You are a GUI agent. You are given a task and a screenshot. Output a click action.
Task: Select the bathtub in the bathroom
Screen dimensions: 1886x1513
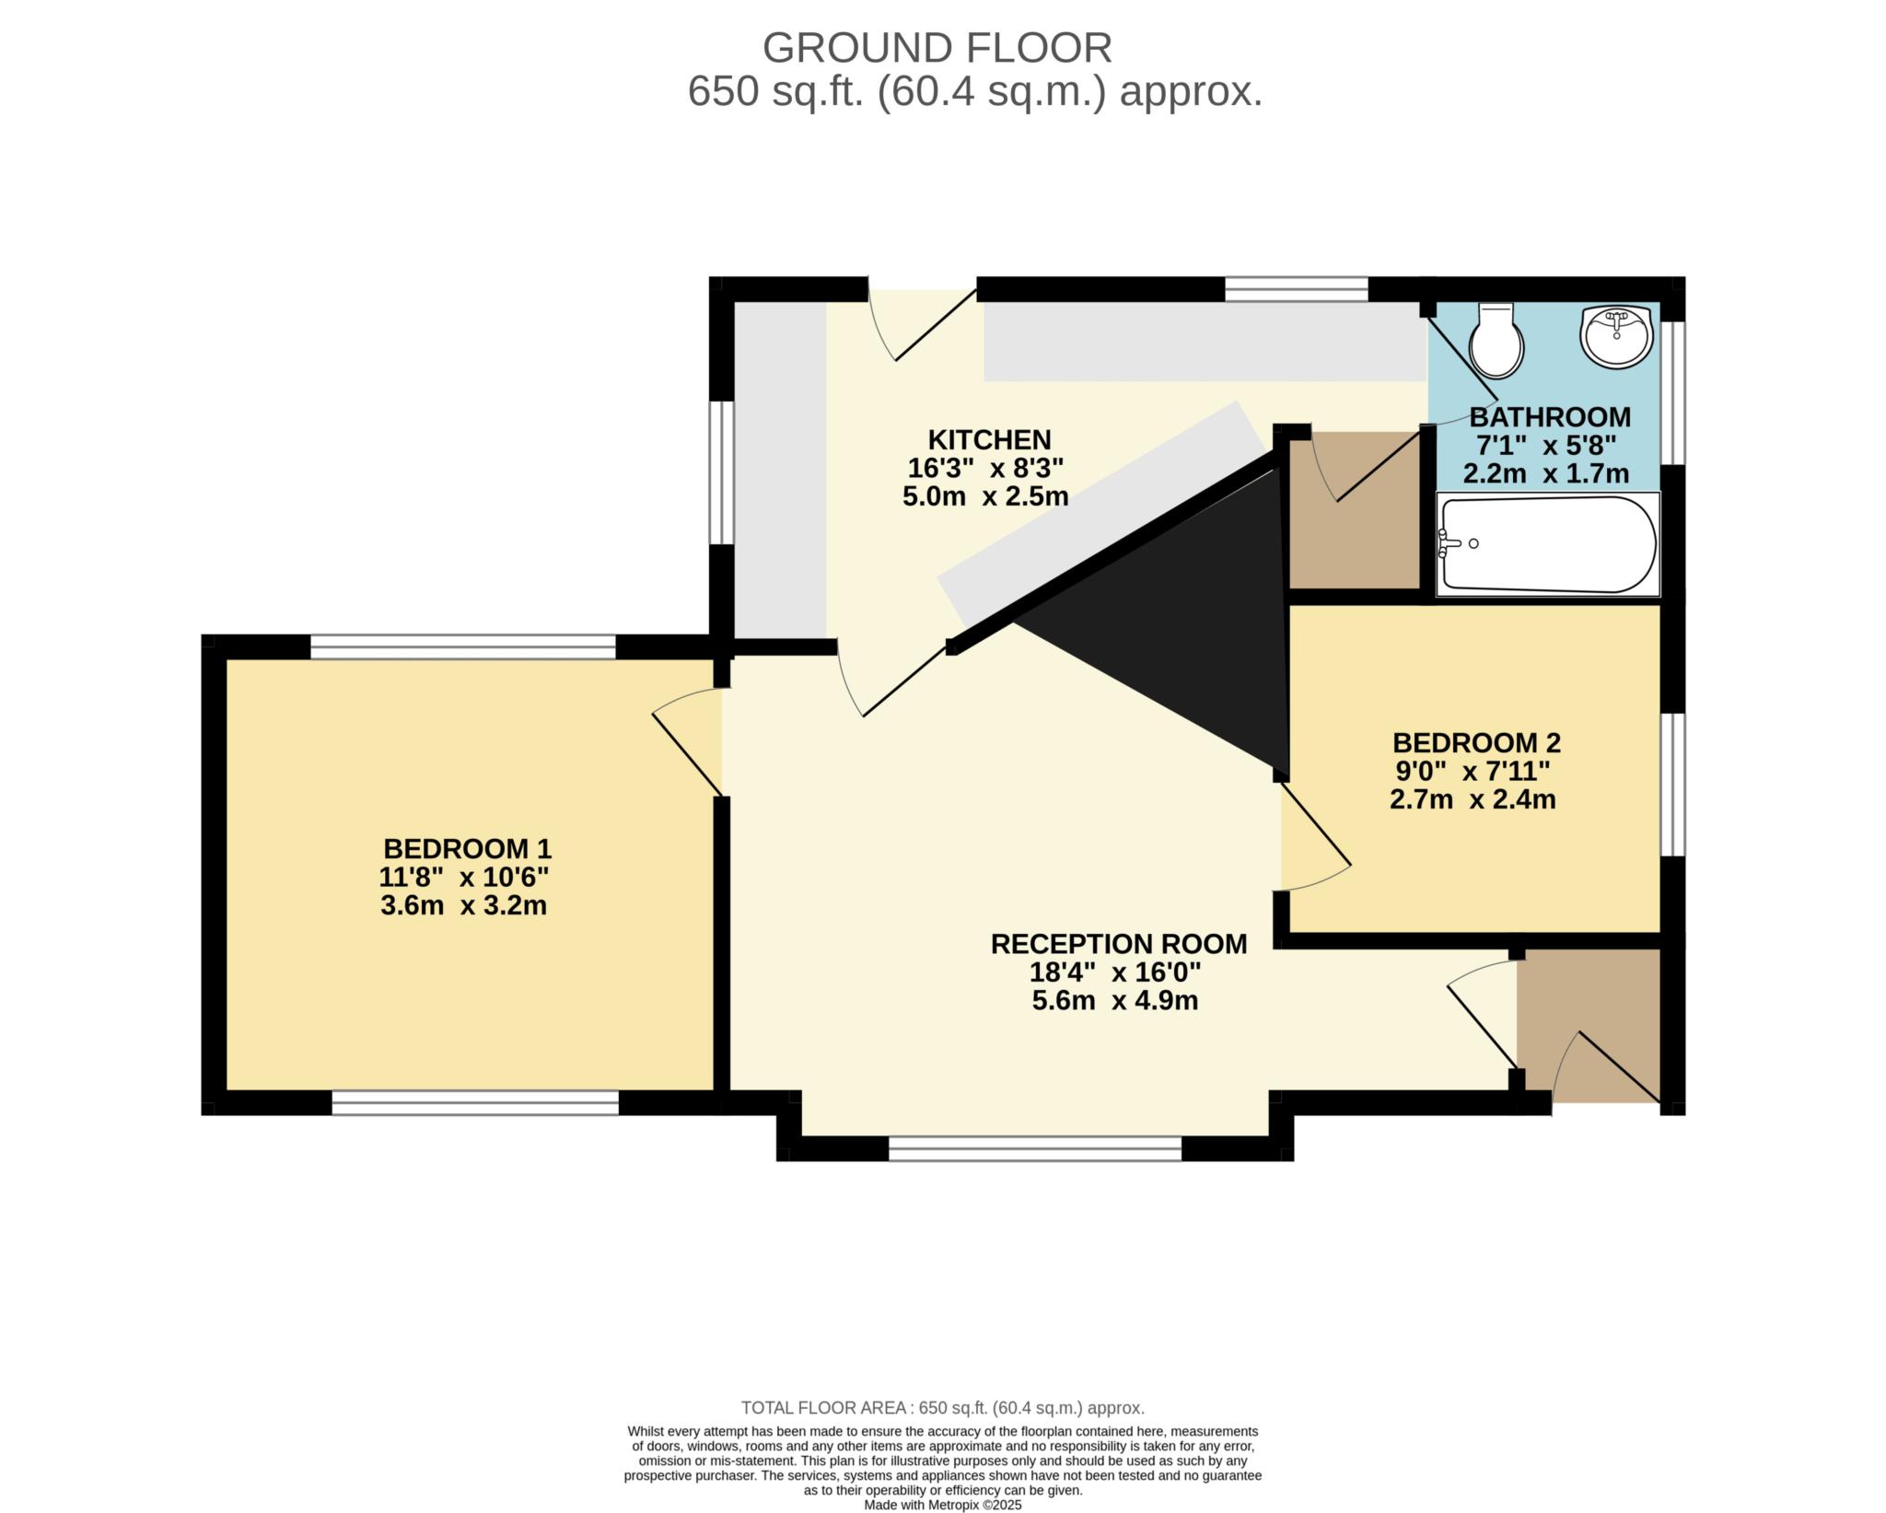[x=1547, y=543]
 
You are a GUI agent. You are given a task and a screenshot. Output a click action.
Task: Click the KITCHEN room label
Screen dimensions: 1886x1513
[x=988, y=439]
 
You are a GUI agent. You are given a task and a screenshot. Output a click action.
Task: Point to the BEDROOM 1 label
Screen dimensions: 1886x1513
[x=467, y=848]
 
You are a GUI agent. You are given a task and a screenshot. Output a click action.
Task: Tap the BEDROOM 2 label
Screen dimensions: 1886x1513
[x=1476, y=742]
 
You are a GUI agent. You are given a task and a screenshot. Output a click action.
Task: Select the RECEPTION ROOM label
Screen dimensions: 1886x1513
[x=1119, y=944]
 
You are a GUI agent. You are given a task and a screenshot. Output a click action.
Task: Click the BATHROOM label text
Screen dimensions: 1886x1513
[x=1550, y=416]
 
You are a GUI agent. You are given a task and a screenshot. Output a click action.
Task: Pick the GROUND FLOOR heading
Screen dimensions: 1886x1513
[x=937, y=48]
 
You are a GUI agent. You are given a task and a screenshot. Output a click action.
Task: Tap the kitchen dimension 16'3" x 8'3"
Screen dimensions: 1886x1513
[x=985, y=468]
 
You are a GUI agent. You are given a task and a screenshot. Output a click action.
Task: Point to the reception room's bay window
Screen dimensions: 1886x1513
[x=1035, y=1148]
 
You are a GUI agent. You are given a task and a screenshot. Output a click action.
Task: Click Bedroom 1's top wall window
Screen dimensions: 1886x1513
[x=462, y=646]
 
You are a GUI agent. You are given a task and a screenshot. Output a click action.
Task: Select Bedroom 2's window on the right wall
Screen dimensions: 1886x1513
[x=1673, y=785]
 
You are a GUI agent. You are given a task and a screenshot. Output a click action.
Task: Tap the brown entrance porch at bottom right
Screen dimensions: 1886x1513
[x=1589, y=1026]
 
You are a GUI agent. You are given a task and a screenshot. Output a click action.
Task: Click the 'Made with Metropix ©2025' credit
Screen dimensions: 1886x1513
[x=942, y=1505]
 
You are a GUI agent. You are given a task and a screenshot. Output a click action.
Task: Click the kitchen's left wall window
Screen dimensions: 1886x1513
[x=721, y=472]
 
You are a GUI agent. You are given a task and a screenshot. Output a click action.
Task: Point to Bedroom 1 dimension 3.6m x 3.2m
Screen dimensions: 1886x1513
[x=463, y=905]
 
